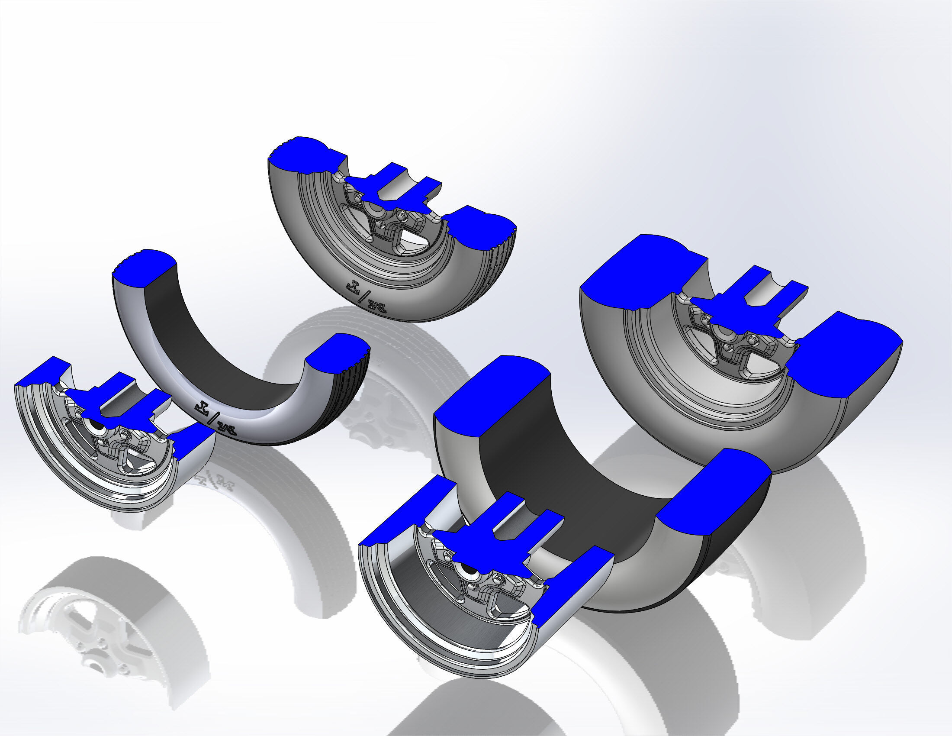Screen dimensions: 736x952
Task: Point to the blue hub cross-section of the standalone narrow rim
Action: point(113,401)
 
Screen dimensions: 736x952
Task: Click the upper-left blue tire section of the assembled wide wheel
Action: point(637,270)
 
